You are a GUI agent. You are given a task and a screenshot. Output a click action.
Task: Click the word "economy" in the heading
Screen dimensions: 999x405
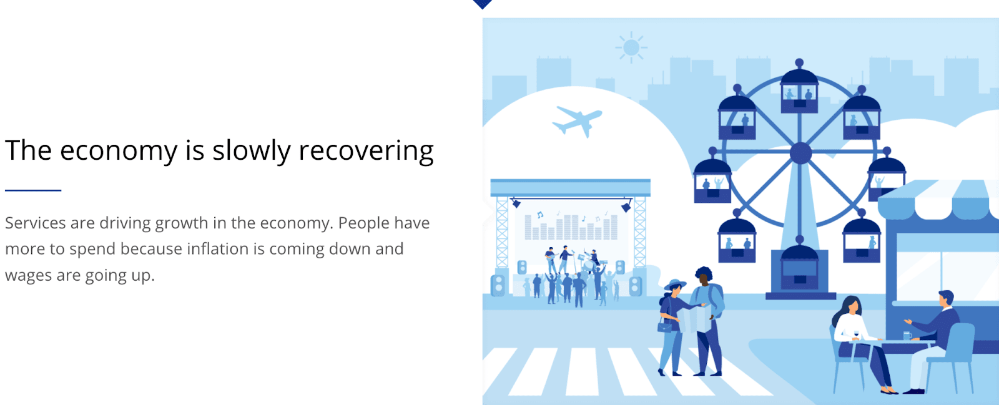click(119, 151)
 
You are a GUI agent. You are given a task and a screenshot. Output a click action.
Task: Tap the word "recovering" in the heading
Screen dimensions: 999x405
click(366, 150)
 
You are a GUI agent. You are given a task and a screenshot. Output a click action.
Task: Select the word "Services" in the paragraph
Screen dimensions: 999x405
click(35, 223)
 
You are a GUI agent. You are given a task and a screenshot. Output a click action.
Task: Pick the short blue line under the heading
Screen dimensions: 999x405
click(33, 190)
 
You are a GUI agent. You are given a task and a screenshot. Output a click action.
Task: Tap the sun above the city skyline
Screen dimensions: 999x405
click(631, 47)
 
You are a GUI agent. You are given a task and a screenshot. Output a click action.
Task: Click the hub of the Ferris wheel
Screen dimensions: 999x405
click(801, 154)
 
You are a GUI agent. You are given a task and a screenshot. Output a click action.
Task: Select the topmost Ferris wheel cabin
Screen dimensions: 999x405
click(799, 89)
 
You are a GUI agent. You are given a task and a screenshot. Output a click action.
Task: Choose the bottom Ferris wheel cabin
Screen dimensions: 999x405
click(800, 266)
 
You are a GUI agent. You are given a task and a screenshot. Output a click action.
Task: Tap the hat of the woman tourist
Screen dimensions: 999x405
click(675, 285)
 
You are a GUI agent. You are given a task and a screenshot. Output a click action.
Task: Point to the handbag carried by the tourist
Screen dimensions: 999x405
click(664, 327)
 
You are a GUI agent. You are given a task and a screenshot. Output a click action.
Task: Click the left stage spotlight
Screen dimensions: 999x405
click(516, 203)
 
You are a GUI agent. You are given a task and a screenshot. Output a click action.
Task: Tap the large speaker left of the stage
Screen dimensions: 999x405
click(499, 285)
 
